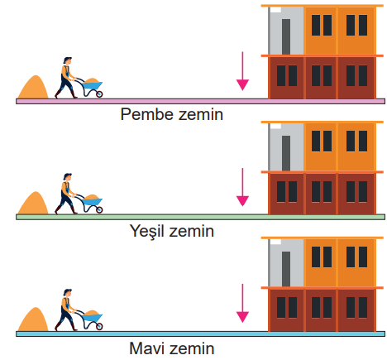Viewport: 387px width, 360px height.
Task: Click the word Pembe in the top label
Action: coord(146,114)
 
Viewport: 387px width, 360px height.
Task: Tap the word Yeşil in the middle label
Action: coord(149,232)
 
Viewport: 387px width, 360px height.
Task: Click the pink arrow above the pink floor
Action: coord(242,71)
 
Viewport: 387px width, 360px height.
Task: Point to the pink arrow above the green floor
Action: coord(242,187)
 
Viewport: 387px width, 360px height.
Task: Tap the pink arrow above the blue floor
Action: coord(242,303)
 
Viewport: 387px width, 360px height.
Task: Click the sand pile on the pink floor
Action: coord(33,87)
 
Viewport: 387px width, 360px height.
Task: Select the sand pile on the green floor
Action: coord(33,203)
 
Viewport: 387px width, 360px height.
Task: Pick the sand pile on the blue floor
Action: coord(33,319)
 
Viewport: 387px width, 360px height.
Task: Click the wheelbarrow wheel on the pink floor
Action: coord(99,94)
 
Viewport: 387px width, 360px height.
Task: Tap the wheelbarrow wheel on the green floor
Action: coord(99,210)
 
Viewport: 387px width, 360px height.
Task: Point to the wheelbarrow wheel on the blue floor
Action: coord(99,326)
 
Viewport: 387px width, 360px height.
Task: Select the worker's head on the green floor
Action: coord(68,177)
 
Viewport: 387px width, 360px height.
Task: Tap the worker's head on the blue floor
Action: coord(68,293)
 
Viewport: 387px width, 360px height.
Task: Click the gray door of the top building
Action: coord(286,36)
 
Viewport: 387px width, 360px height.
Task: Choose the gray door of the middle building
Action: coord(286,153)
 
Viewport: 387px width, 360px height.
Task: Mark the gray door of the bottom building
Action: coord(286,269)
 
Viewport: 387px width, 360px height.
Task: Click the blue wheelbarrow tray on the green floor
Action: coord(93,202)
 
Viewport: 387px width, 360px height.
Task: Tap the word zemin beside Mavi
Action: coord(192,348)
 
